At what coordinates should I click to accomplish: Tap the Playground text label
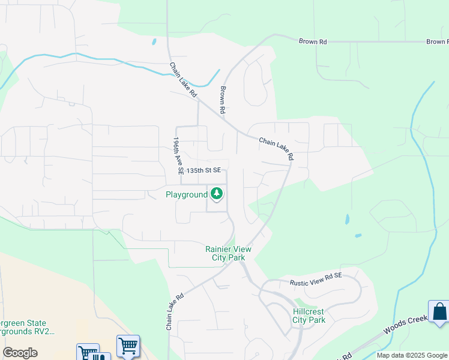point(186,195)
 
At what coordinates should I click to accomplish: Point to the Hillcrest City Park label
point(309,316)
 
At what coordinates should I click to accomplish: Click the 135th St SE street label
point(204,171)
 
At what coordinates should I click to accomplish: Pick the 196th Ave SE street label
point(177,155)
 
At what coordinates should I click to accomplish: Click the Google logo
point(20,353)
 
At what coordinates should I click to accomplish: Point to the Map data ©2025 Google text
point(411,355)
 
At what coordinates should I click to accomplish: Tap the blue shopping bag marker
point(439,312)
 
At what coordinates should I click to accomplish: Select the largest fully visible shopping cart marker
point(128,346)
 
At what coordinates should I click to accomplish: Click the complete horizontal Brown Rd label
point(313,41)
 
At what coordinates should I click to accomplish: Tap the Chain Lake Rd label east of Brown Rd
point(276,149)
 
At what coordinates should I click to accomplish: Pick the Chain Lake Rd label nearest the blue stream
point(183,80)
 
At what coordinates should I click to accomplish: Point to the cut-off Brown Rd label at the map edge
point(437,42)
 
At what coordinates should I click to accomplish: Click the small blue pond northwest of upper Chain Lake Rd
point(154,42)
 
